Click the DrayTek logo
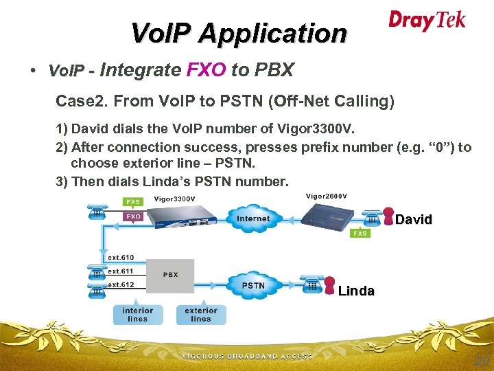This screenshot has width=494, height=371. point(427,20)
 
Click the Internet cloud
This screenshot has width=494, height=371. point(253,219)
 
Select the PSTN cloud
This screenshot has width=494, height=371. point(253,285)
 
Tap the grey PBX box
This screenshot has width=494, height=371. point(171,275)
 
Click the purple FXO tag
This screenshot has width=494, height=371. point(133,216)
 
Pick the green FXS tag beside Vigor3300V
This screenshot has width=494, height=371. point(133,201)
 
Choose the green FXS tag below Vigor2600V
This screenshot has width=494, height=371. point(360,233)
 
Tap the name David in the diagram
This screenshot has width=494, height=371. point(414,220)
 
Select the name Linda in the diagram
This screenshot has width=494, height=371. point(356,291)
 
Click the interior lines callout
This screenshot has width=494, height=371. point(137,314)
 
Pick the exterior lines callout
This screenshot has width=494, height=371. point(200,314)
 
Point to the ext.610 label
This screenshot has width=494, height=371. point(121,258)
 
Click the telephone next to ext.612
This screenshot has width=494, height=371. point(96,288)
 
